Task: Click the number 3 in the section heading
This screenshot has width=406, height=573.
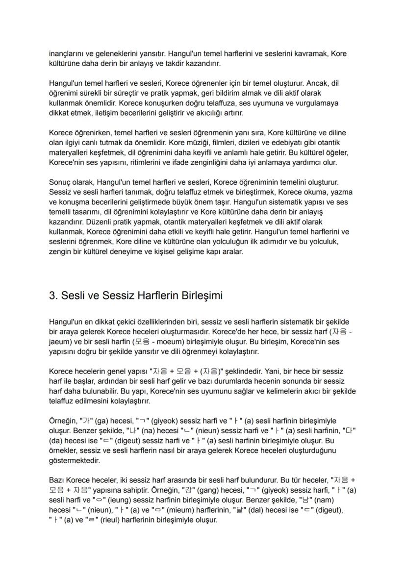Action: (x=52, y=296)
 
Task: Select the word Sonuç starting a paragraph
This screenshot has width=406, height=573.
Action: (x=60, y=182)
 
